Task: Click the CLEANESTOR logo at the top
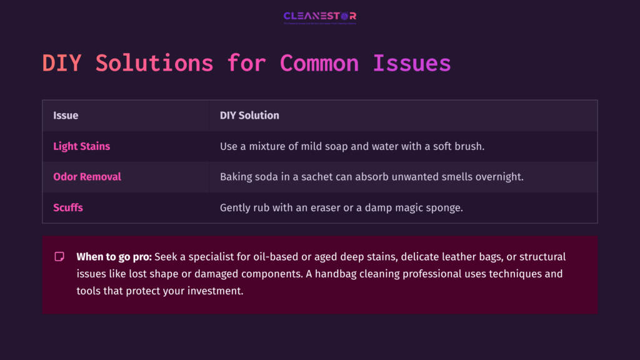(319, 17)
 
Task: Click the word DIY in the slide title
(61, 64)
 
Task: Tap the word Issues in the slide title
(412, 64)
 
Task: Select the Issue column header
(66, 116)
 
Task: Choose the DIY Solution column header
(249, 116)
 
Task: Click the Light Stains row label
(81, 146)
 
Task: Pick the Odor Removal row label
(87, 177)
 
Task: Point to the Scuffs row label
(68, 207)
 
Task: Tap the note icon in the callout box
(59, 257)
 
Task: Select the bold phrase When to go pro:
(114, 257)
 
